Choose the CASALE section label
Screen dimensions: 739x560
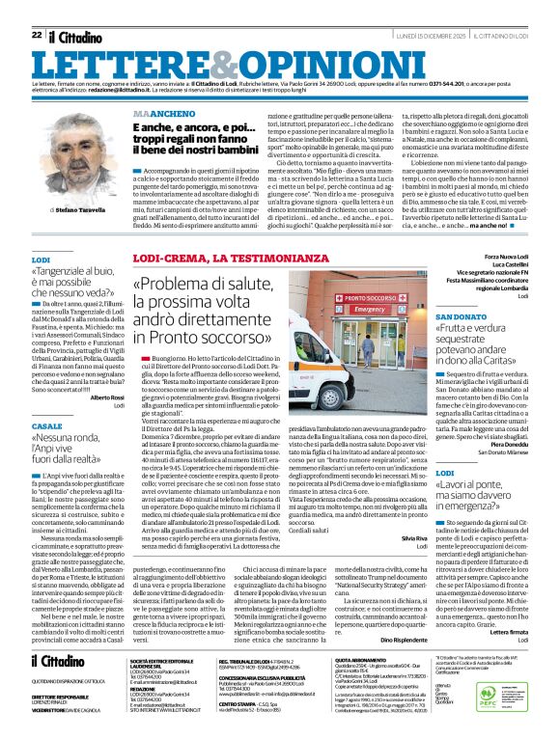click(x=46, y=425)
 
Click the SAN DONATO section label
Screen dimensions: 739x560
click(x=462, y=316)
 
